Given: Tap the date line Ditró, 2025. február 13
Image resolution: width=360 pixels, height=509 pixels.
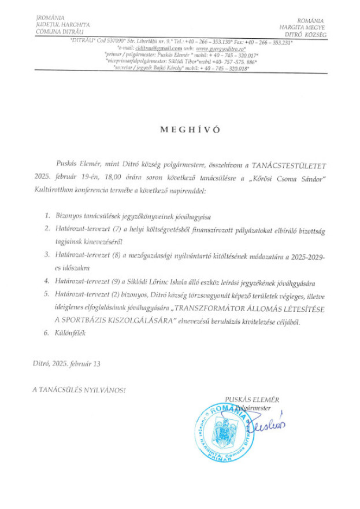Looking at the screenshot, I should [67, 364].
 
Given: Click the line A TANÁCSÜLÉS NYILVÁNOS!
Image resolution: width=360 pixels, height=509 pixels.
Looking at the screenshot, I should [79, 390].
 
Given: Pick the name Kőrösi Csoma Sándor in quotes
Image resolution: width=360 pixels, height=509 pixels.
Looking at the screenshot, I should [291, 178].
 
